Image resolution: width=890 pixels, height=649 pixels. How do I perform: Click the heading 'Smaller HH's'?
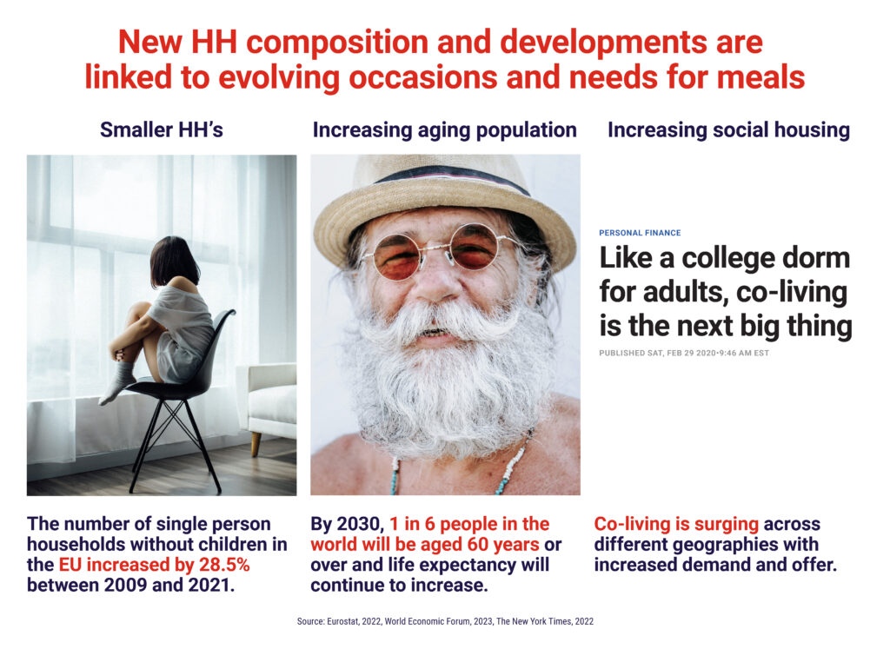[x=161, y=130]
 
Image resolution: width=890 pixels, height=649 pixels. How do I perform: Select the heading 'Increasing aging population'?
[x=444, y=130]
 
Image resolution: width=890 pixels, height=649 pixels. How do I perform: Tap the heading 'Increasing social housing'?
[x=729, y=130]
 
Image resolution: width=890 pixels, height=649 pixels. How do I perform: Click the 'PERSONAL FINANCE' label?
[x=640, y=233]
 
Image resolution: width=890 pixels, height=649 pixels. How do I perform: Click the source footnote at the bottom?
[x=445, y=621]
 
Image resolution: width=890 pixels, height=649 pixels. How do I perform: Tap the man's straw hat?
[x=444, y=204]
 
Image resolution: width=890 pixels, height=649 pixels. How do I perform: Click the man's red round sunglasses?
[x=437, y=253]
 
